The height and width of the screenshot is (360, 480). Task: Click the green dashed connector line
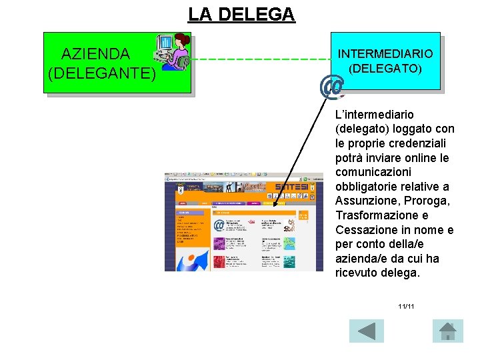click(260, 59)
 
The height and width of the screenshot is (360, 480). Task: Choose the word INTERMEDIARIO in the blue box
click(385, 54)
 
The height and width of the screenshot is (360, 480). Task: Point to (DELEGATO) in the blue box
click(385, 68)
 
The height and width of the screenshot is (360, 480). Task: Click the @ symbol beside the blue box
click(332, 87)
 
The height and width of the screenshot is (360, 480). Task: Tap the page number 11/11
click(406, 307)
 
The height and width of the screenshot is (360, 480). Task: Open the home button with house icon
click(447, 331)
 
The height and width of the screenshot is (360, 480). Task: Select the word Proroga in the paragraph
click(431, 201)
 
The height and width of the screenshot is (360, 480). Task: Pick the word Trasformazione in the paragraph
click(377, 215)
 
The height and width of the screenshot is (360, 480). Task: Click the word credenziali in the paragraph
click(414, 143)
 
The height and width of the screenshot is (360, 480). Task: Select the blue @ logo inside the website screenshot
click(219, 225)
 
